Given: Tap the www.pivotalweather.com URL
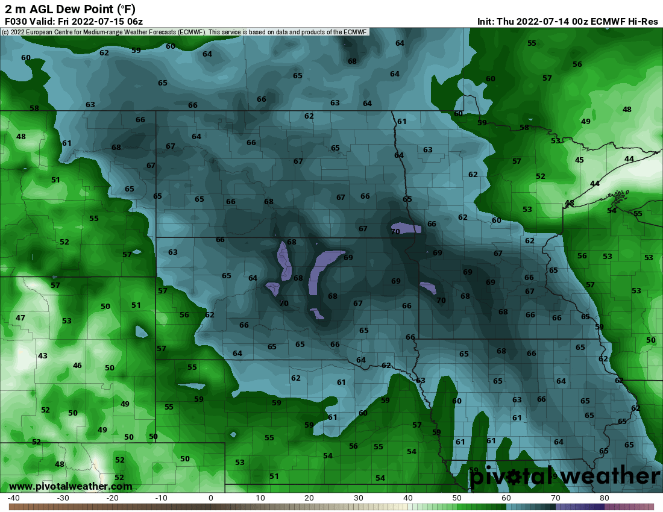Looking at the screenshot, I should pos(71,486).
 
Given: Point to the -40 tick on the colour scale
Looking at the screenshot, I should pos(14,498).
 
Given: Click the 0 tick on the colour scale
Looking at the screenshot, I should pos(211,498).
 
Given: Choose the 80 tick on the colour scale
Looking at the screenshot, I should pos(605,498).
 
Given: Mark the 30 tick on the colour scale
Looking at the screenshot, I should pos(358,498).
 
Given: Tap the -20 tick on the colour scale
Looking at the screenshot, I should pos(112,498).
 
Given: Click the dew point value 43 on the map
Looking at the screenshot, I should pos(42,356).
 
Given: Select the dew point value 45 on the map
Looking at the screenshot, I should pos(579,160).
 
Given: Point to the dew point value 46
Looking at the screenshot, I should pos(77,366).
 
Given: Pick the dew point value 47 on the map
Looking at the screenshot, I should pos(20,317).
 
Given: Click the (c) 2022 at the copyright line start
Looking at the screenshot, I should pos(15,32).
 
